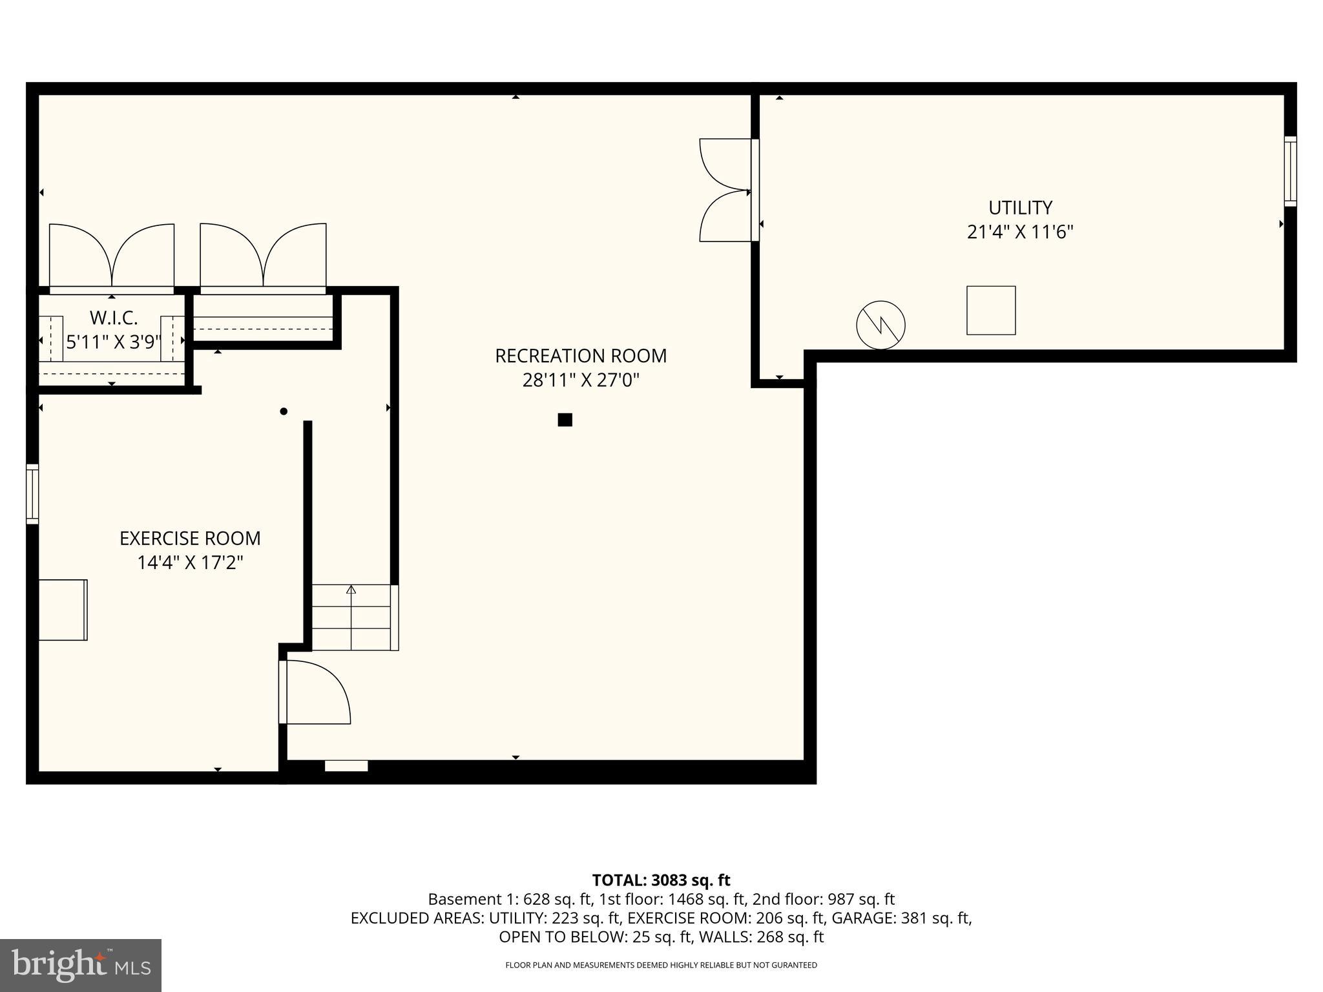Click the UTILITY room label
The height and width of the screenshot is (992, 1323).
1020,207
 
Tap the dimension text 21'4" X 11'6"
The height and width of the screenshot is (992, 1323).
1020,232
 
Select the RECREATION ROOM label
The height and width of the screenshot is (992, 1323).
581,356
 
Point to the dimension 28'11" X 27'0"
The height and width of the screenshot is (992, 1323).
581,380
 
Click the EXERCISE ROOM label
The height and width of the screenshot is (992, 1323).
190,538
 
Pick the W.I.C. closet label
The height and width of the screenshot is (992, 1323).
113,318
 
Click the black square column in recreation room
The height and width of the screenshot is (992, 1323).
565,420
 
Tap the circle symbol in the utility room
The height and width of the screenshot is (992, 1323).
880,325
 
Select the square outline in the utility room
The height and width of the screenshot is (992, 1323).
991,311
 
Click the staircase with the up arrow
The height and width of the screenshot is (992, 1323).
352,617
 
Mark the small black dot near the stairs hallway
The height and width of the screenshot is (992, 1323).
283,411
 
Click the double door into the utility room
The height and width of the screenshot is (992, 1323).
727,191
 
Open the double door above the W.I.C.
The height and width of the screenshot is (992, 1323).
112,257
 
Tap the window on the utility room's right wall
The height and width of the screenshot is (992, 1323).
1290,171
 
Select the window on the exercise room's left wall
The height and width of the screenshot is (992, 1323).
32,494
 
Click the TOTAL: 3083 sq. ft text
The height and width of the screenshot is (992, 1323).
661,880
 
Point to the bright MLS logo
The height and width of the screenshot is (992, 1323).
81,965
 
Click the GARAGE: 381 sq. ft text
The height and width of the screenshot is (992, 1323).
901,918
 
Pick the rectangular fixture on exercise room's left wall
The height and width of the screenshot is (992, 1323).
63,610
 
